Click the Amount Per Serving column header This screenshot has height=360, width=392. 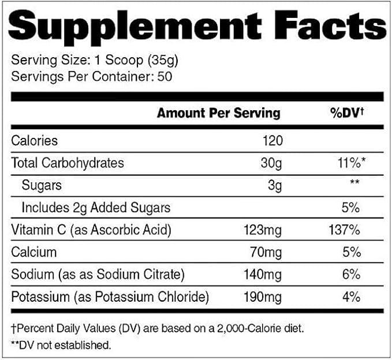click(x=218, y=112)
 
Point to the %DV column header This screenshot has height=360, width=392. click(x=346, y=112)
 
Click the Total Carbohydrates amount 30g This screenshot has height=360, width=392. click(x=270, y=163)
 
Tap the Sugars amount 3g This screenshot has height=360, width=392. click(x=274, y=185)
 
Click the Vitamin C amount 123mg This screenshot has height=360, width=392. click(x=263, y=230)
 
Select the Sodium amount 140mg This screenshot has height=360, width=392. click(x=263, y=275)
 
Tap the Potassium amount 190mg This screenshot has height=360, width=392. click(x=263, y=297)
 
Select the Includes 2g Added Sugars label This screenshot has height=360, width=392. click(x=96, y=207)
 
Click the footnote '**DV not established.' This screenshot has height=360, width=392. click(x=61, y=345)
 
